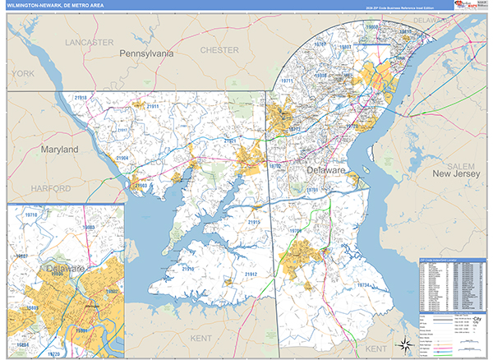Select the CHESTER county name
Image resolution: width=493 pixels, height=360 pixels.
(x=220, y=50)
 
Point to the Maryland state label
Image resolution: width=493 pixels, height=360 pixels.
(x=60, y=150)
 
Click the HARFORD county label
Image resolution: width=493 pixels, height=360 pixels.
(x=51, y=188)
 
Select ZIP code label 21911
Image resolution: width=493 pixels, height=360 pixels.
(x=153, y=106)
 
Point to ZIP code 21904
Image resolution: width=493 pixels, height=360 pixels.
(x=122, y=157)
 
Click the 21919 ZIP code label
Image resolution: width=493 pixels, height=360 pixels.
(x=188, y=269)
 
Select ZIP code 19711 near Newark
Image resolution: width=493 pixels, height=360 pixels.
(x=288, y=81)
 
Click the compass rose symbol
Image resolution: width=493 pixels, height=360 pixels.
(x=405, y=344)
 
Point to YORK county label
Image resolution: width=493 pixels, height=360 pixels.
(x=23, y=73)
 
